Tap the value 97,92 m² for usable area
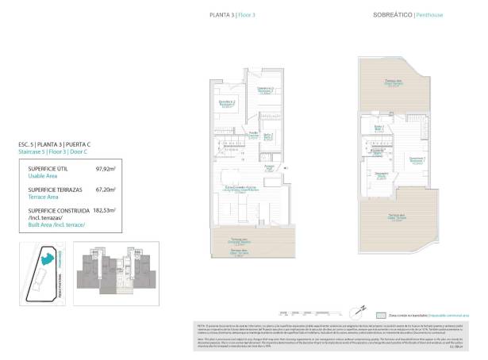[x=106, y=169]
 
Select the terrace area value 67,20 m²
[x=106, y=190]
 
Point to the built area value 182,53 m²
[x=105, y=211]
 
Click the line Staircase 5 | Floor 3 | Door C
[x=52, y=151]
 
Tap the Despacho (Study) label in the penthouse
[x=382, y=175]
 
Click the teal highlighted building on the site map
[x=48, y=256]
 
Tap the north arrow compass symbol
[x=361, y=308]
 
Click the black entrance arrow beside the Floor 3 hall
[x=285, y=168]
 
